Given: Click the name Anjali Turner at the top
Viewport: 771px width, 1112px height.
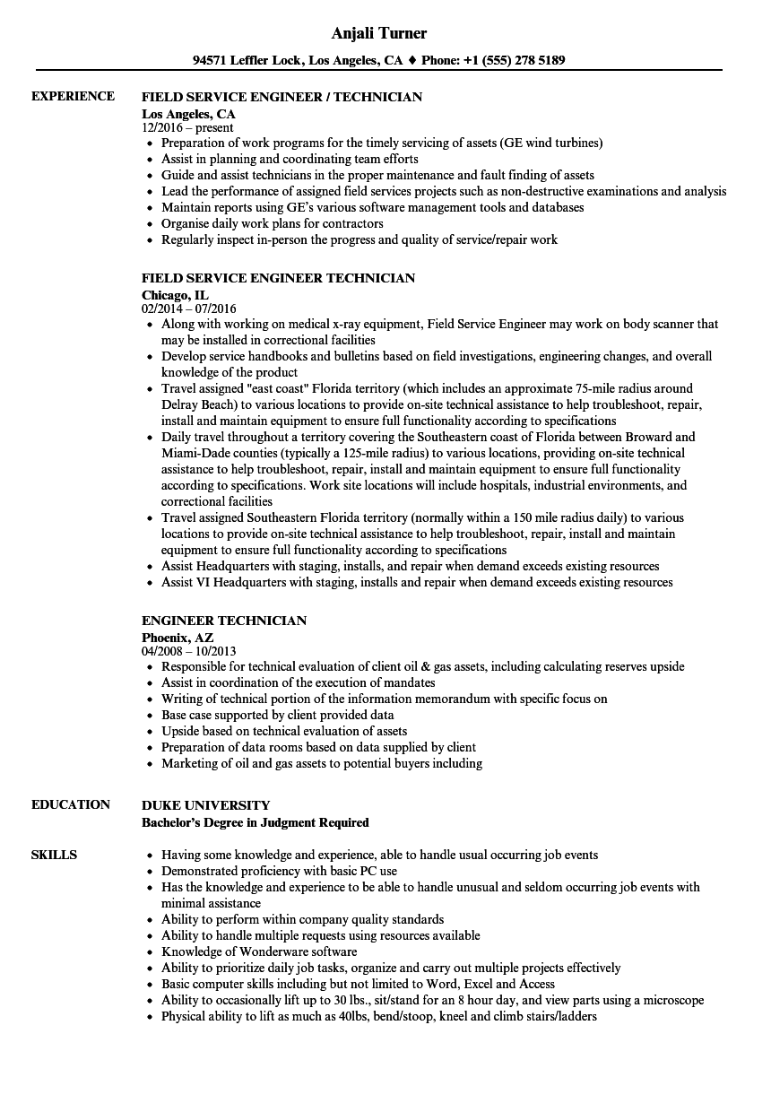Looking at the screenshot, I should click(x=378, y=33).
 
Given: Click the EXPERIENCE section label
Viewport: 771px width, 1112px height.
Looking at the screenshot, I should click(x=73, y=96).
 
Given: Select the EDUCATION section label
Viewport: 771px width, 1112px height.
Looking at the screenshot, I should click(x=71, y=804).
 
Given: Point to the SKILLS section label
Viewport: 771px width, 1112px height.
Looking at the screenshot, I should click(x=54, y=855).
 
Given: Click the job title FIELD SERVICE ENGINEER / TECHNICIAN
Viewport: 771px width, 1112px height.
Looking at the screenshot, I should click(x=282, y=97).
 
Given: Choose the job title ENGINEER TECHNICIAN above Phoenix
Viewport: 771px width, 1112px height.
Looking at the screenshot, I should click(x=224, y=621).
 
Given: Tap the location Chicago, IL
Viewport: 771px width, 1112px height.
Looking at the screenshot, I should click(x=175, y=294).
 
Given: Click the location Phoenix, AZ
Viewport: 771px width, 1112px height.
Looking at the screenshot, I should click(x=178, y=637).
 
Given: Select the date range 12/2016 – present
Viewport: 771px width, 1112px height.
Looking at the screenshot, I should click(x=187, y=128).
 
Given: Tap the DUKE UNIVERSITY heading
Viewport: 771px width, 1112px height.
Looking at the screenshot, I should click(x=205, y=805).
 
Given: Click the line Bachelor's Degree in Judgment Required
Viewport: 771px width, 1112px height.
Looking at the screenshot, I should click(x=256, y=821).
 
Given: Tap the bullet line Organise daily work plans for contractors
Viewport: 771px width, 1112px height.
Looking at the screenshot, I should click(x=273, y=223).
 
